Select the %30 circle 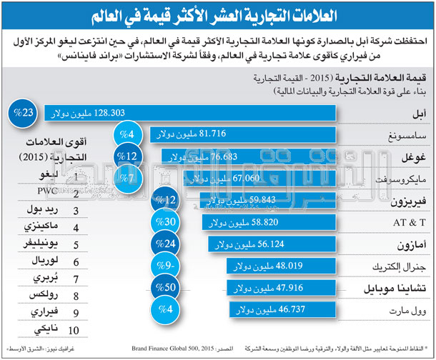click(x=167, y=223)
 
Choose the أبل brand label click(x=414, y=114)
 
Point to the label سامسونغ click(x=403, y=135)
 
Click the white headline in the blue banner click(x=217, y=15)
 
